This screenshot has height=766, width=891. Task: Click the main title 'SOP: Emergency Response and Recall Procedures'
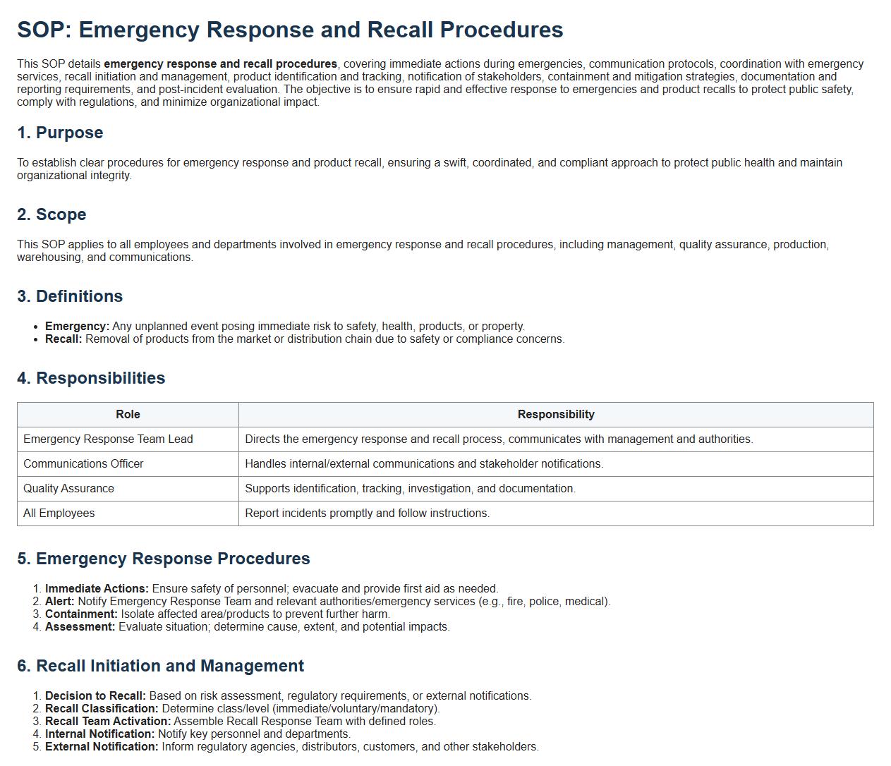(x=290, y=30)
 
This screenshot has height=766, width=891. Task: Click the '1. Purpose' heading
(x=60, y=133)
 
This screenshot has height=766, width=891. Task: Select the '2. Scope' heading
(x=51, y=214)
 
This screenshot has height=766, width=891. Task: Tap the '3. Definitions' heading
(x=70, y=296)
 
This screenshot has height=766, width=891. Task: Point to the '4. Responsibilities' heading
(x=91, y=378)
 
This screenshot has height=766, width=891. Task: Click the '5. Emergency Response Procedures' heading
(x=164, y=559)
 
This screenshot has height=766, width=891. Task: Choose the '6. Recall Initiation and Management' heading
(x=161, y=666)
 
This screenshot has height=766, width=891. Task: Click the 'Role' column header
(x=128, y=415)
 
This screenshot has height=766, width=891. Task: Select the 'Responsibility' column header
(x=556, y=415)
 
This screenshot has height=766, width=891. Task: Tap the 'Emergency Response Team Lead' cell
(x=108, y=439)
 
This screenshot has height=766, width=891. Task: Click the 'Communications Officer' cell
(x=83, y=464)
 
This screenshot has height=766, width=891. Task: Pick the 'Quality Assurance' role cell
(x=68, y=489)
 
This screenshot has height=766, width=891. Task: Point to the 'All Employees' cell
(x=59, y=513)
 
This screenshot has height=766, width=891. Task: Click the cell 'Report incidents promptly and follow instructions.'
(x=367, y=513)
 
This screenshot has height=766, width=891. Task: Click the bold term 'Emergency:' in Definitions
(x=77, y=327)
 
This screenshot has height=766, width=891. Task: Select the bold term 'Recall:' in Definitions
(x=63, y=339)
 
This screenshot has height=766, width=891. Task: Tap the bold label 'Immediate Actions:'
(x=97, y=589)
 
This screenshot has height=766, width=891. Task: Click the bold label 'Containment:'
(x=81, y=614)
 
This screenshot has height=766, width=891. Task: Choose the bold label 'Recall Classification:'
(x=102, y=709)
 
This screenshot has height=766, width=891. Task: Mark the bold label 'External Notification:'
(x=102, y=747)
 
